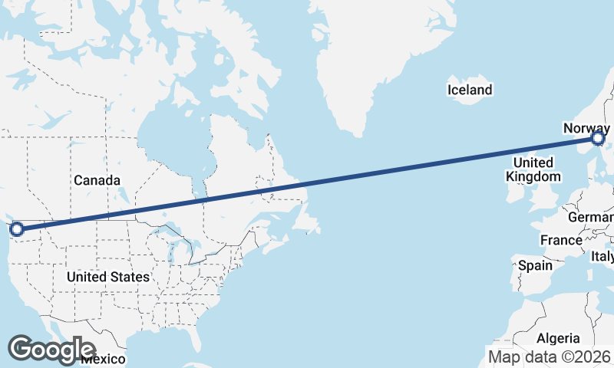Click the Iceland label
470,90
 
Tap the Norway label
586,128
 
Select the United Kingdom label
533,169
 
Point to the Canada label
97,181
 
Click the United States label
107,276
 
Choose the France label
561,240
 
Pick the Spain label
535,265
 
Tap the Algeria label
558,338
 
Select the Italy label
602,257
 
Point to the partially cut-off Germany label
590,218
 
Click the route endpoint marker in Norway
599,138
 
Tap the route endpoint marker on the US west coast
16,228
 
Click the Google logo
51,350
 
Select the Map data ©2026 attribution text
550,356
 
